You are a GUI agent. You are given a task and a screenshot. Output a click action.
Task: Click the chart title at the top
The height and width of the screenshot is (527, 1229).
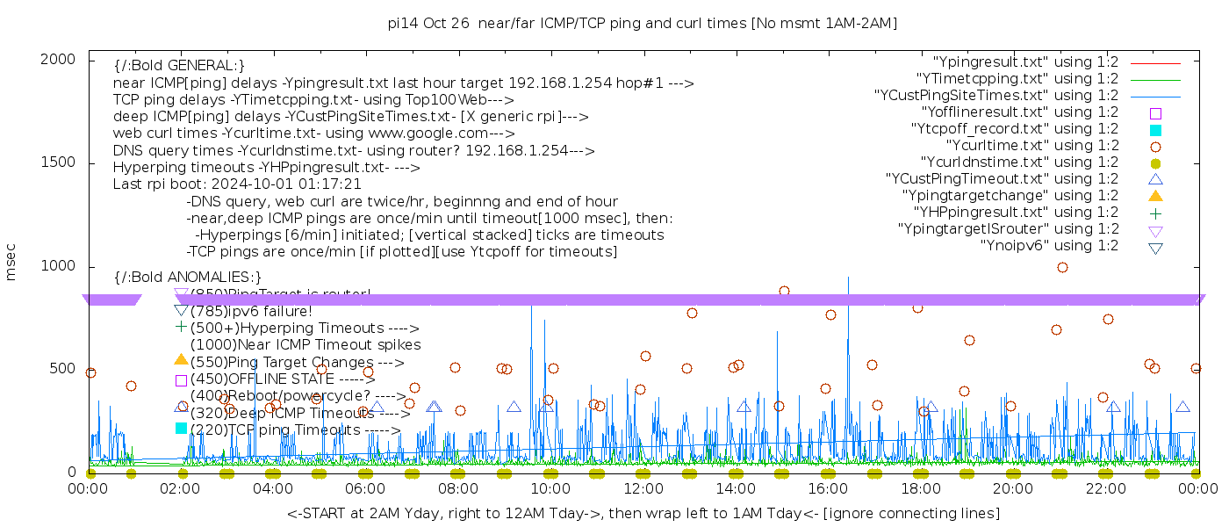coord(643,24)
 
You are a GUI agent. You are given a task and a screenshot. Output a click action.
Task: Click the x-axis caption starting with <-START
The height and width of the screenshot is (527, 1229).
coord(643,513)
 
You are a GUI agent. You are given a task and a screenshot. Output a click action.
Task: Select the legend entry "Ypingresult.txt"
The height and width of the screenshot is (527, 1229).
coord(1025,62)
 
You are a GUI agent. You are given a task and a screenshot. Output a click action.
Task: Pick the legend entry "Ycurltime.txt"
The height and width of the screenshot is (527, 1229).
coord(1031,146)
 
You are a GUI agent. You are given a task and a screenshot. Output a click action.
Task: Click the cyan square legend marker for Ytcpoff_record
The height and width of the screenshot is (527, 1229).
coord(1156,130)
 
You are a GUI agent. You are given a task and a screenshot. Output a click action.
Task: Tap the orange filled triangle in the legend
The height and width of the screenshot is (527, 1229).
coord(1156,195)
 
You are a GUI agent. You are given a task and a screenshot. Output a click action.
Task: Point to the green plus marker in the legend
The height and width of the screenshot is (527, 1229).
coord(1156,213)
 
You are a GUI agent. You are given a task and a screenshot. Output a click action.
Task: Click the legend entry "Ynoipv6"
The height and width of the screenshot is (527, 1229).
coord(1049,246)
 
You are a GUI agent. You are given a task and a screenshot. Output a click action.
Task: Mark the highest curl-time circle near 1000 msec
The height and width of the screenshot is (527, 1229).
coord(1062,267)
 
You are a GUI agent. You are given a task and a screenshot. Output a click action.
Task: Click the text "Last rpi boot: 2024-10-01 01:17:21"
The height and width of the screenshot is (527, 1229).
coord(237,184)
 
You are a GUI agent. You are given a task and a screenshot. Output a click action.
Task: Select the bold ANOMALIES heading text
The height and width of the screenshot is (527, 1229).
coord(188,278)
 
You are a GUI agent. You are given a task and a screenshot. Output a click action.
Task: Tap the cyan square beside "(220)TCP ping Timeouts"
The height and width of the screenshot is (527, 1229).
coord(182,429)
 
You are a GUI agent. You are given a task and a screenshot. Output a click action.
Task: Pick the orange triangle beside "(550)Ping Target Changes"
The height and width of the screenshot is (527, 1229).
coord(182,359)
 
